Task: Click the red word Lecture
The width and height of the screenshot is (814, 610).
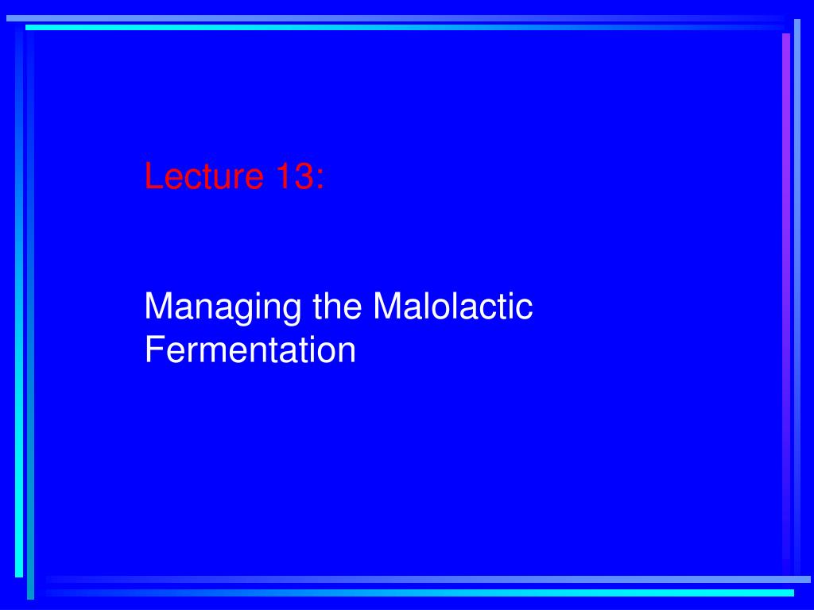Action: pyautogui.click(x=203, y=176)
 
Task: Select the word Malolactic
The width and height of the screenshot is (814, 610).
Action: pyautogui.click(x=452, y=307)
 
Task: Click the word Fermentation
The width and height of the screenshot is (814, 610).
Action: pyautogui.click(x=250, y=349)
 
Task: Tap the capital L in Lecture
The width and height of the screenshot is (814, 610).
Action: pyautogui.click(x=153, y=176)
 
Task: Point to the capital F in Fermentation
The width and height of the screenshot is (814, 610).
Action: pyautogui.click(x=153, y=349)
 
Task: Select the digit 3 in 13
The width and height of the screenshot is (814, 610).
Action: pyautogui.click(x=303, y=176)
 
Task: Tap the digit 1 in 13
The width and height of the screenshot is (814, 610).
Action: pyautogui.click(x=284, y=176)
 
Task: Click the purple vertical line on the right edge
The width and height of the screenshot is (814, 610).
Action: pyautogui.click(x=786, y=302)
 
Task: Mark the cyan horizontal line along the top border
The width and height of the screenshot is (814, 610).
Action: pyautogui.click(x=397, y=28)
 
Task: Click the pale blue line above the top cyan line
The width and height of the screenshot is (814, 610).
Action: pyautogui.click(x=397, y=17)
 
